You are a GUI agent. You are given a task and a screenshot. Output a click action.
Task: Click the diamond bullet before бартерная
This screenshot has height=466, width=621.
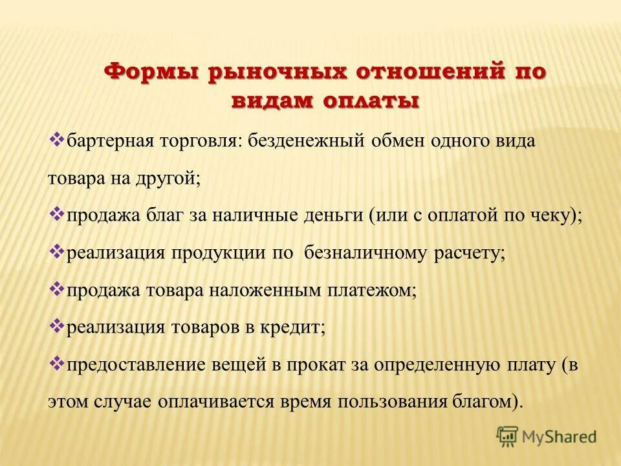coord(56,139)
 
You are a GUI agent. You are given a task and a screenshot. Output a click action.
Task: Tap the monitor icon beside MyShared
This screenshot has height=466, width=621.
coord(507,436)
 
